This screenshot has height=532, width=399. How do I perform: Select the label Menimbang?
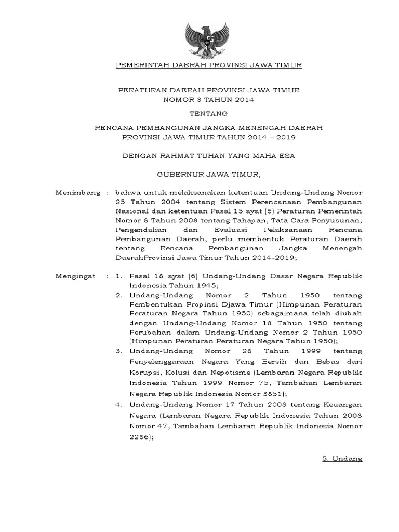pos(77,193)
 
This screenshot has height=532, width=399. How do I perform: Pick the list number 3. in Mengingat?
pos(118,352)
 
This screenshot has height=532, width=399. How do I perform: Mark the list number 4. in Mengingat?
pos(118,404)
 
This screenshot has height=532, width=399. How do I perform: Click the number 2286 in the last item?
pos(140,437)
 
